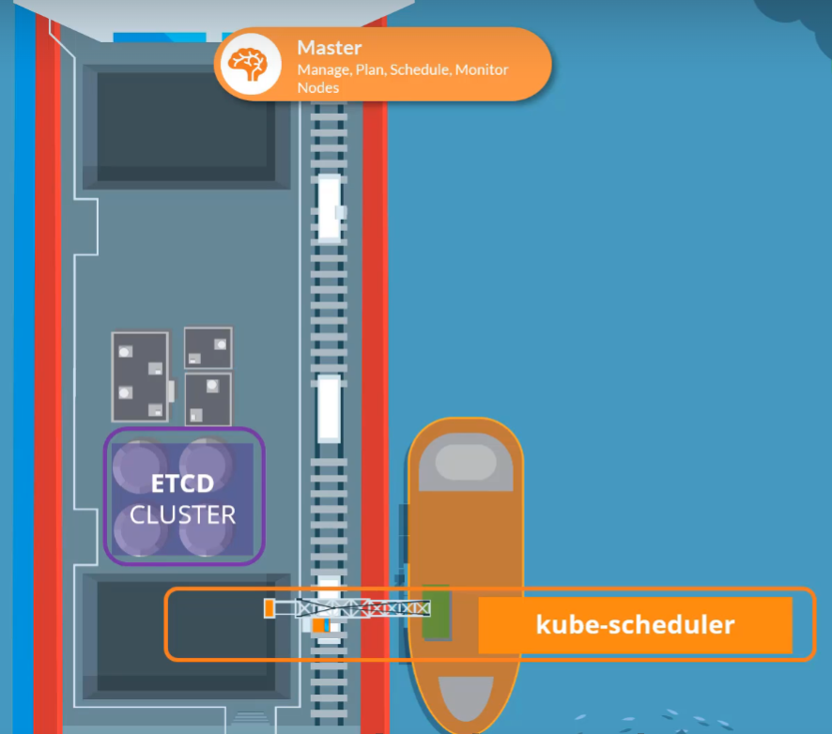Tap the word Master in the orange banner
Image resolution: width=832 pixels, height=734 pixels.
(330, 48)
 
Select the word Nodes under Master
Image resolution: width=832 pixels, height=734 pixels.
(317, 87)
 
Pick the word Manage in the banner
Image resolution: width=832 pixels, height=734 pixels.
(322, 69)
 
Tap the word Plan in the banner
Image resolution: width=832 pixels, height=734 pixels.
(370, 69)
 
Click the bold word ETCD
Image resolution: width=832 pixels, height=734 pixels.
(183, 484)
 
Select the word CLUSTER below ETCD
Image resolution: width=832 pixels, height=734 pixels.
(183, 514)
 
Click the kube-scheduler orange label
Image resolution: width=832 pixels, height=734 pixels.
(635, 624)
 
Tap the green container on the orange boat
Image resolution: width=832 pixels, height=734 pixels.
(437, 612)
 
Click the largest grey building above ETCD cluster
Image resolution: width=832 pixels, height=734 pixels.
(140, 376)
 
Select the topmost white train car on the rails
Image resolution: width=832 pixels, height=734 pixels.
(329, 206)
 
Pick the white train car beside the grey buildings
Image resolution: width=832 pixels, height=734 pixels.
(329, 407)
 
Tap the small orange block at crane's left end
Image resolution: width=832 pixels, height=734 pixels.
(270, 608)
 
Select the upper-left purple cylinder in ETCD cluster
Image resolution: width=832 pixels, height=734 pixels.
(141, 463)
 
